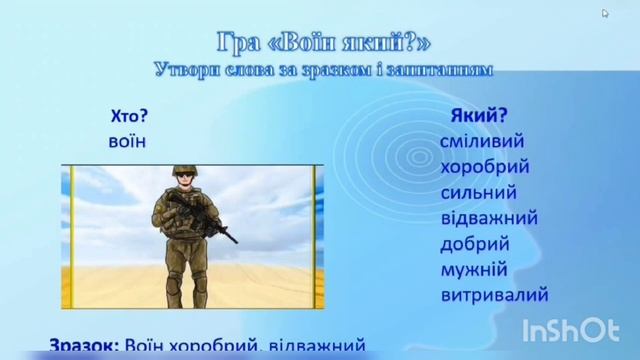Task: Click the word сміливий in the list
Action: [482, 141]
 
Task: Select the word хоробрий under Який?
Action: [485, 166]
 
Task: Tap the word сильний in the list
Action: [478, 192]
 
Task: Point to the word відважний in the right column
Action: [490, 218]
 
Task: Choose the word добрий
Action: [475, 244]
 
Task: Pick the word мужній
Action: [474, 270]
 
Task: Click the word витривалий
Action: [494, 296]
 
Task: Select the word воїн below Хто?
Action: [127, 141]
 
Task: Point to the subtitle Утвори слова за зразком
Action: [324, 70]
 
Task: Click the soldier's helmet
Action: [184, 171]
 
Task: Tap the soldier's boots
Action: [186, 301]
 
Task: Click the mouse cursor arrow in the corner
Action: [606, 14]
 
